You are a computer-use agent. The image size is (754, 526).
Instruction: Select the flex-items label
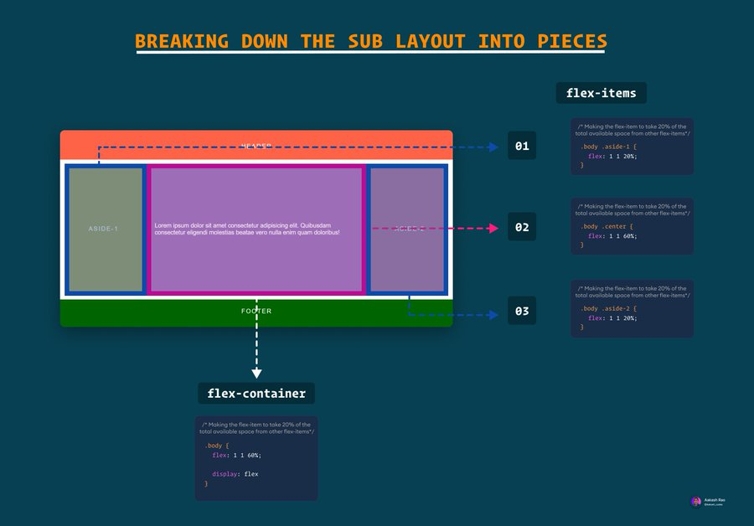pos(601,93)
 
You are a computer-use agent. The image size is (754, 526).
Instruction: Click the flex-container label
pos(256,393)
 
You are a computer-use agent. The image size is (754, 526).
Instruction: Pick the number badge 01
pos(522,147)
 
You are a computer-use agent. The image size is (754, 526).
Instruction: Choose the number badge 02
pos(522,227)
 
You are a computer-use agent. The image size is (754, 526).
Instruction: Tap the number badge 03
pos(522,312)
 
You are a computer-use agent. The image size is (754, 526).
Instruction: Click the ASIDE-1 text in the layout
pos(104,229)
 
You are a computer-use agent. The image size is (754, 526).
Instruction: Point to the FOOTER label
pos(256,311)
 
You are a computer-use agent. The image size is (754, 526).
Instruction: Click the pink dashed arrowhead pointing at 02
pos(494,227)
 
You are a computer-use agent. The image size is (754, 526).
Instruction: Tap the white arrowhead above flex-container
pos(256,373)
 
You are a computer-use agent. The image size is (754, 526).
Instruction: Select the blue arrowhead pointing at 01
pos(494,147)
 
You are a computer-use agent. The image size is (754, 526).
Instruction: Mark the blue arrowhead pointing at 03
pos(494,315)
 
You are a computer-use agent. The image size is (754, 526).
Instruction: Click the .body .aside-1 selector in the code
pos(608,146)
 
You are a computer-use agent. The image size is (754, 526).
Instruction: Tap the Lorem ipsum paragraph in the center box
pos(247,229)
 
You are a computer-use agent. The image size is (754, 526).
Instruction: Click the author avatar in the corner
pos(695,501)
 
